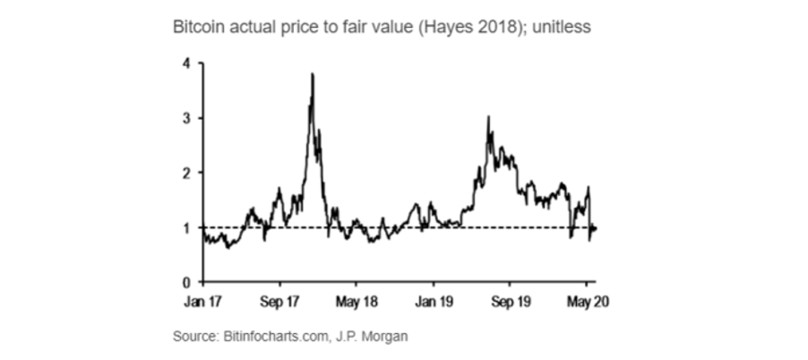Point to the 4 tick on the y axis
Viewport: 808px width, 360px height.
coord(186,64)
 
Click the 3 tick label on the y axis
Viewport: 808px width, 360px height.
coord(186,118)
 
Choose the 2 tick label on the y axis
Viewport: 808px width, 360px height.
coord(186,173)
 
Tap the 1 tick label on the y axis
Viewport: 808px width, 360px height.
coord(186,227)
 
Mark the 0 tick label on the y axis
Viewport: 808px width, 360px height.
coord(186,282)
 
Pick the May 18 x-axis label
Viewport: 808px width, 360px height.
coord(357,301)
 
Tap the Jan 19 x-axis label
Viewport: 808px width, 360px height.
coord(433,301)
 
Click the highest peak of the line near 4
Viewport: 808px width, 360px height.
coord(312,74)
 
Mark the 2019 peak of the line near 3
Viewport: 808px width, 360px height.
coord(488,117)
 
